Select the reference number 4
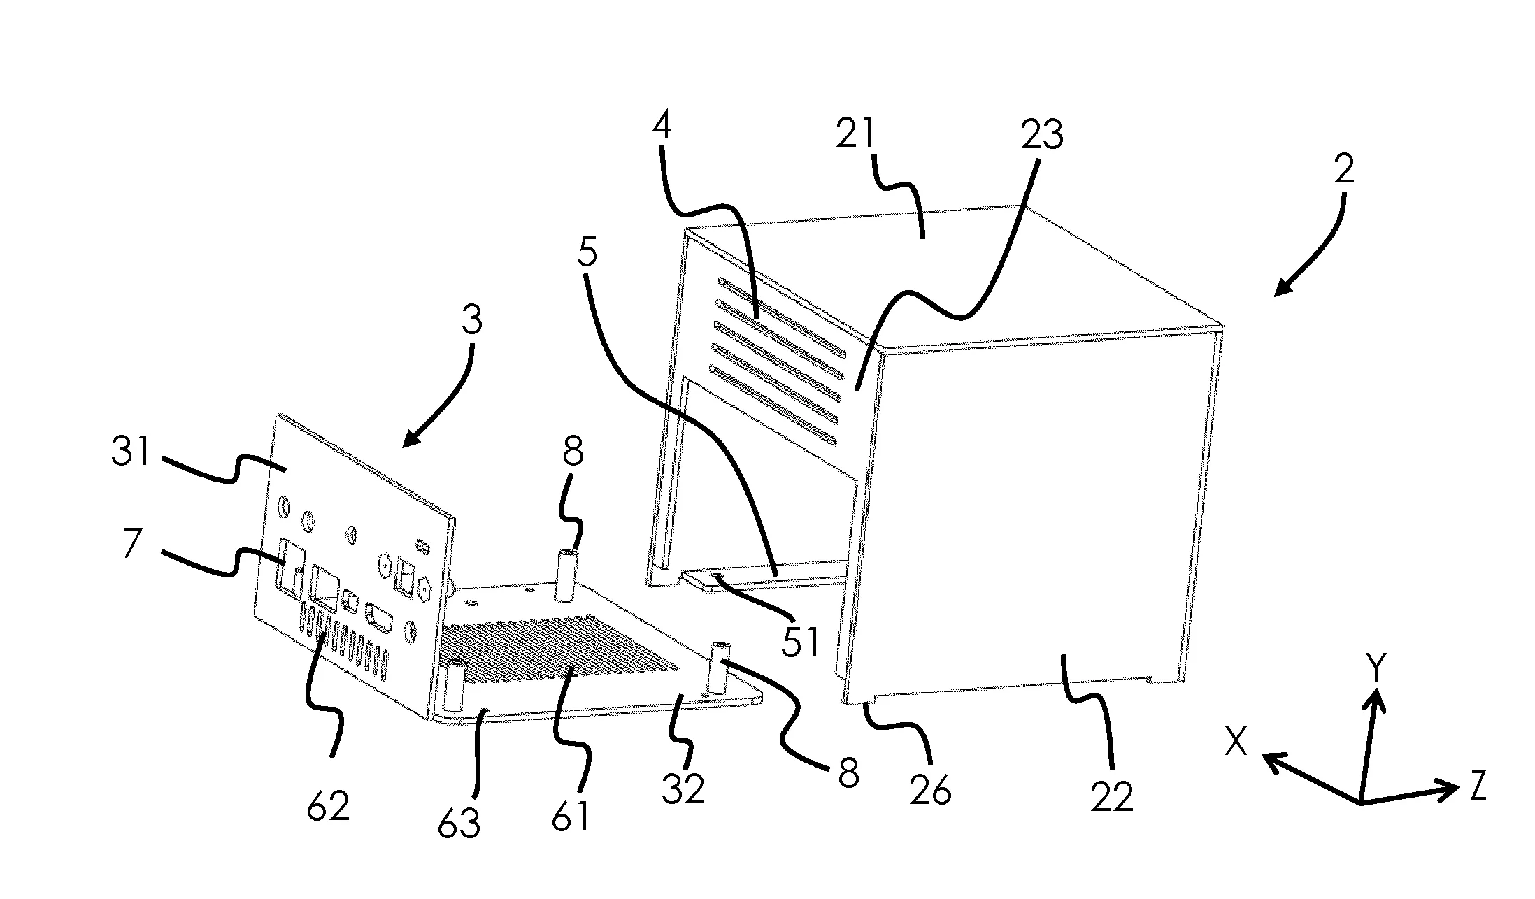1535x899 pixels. tap(662, 127)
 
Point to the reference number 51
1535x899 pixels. tap(800, 642)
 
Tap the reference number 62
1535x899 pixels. tap(329, 807)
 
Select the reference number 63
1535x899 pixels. tap(459, 822)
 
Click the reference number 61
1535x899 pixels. tap(570, 815)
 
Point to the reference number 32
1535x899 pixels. tap(683, 788)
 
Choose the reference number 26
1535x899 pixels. tap(931, 791)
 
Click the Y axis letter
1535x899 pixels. tap(1376, 670)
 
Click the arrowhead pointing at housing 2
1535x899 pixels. tap(1286, 285)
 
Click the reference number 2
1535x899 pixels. tap(1343, 168)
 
